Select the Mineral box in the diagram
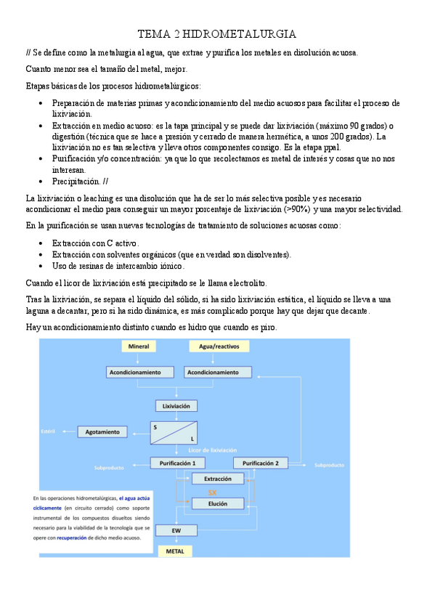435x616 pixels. [138, 347]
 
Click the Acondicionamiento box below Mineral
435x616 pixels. [134, 372]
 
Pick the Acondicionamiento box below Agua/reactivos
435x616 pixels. [213, 372]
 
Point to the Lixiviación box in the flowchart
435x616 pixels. [176, 406]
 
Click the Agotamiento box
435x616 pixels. [102, 431]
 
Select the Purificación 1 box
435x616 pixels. [177, 463]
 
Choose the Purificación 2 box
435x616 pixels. [261, 463]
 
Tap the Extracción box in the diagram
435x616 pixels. [218, 479]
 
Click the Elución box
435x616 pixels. [218, 503]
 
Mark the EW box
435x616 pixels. [176, 531]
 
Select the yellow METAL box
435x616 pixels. [176, 551]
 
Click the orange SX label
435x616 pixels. [213, 492]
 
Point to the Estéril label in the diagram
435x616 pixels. [49, 431]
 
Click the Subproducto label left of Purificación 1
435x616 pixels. [110, 468]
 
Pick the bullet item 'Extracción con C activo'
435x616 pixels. [95, 243]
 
